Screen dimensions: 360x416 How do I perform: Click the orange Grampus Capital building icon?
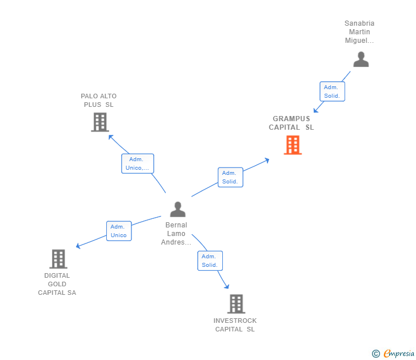(x=293, y=145)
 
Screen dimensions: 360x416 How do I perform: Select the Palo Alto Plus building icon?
(x=100, y=122)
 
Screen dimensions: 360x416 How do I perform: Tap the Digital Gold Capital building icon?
(x=58, y=259)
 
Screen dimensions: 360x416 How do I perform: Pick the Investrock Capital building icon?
(x=236, y=304)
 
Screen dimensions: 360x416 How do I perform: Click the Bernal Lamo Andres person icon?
(x=178, y=209)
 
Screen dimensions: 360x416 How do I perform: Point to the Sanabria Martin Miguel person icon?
(x=361, y=59)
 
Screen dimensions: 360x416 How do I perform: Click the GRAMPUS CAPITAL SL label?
(x=291, y=123)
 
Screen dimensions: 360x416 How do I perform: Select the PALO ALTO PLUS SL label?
(x=98, y=101)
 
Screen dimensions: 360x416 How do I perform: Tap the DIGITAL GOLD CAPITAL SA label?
(x=57, y=284)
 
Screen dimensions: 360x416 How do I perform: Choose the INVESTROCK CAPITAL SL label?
(x=235, y=325)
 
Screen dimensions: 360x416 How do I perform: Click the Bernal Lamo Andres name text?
(x=177, y=234)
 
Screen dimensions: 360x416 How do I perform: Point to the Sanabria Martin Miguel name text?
(x=359, y=32)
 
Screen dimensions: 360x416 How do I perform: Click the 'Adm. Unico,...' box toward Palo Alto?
(x=138, y=163)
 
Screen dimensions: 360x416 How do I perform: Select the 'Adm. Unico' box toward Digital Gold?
(x=119, y=231)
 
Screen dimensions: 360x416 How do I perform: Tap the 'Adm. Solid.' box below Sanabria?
(x=332, y=91)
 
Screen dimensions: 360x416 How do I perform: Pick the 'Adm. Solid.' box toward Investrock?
(x=210, y=261)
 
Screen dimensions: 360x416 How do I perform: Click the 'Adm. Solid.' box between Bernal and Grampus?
(x=230, y=177)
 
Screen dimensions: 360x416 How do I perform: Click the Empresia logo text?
(x=398, y=354)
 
